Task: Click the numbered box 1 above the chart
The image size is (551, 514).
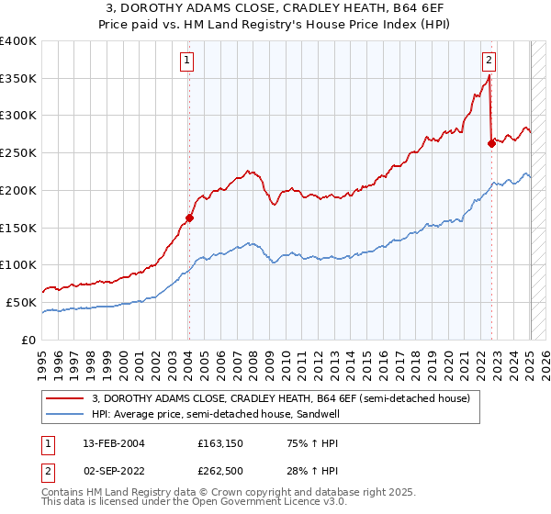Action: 186,61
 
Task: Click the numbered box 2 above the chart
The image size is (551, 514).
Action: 489,61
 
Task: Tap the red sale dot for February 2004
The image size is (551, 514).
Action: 189,218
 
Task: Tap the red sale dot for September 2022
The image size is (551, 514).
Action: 491,142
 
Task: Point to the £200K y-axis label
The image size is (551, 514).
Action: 18,190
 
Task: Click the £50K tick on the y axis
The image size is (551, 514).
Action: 21,302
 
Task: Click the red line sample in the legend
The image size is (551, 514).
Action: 66,398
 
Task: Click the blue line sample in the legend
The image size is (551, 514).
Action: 66,414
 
